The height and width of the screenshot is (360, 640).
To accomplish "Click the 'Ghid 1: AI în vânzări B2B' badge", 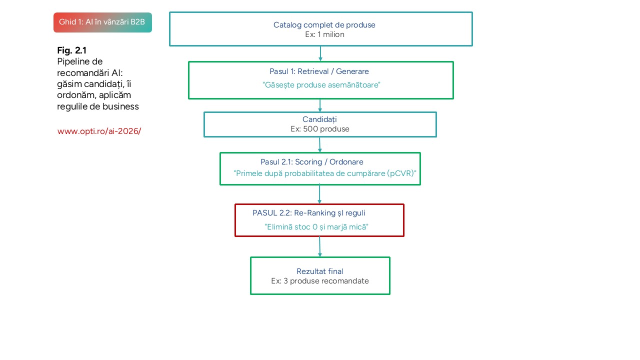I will (102, 22).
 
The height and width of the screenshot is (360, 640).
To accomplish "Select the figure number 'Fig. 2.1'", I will (72, 50).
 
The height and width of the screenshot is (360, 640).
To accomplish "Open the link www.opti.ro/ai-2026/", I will (99, 131).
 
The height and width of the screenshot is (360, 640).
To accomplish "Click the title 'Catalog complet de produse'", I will (324, 25).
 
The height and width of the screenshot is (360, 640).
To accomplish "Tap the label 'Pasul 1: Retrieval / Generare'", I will (319, 71).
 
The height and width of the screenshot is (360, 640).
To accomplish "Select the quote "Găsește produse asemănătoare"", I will (321, 85).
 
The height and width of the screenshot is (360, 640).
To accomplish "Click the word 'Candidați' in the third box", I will (319, 119).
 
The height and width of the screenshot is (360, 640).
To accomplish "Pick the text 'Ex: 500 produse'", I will (320, 129).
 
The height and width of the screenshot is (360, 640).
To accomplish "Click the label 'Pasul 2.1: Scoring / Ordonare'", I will (311, 162).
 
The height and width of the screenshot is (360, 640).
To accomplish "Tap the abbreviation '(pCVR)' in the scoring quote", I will (401, 173).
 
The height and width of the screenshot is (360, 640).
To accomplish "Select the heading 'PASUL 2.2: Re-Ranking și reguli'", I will (312, 213).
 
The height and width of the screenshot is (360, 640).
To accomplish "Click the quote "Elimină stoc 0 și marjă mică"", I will (316, 226).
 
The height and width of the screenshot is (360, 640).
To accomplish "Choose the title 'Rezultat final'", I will (320, 271).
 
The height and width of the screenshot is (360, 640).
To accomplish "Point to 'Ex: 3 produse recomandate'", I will (320, 281).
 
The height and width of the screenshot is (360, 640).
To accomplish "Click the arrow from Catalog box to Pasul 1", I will (320, 53).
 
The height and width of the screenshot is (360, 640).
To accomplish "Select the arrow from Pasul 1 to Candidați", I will (320, 105).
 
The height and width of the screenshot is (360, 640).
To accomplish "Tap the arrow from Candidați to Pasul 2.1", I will (320, 144).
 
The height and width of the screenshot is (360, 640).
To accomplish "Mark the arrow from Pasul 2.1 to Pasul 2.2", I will (320, 194).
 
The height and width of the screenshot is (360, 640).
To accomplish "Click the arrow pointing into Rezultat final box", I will (320, 246).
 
